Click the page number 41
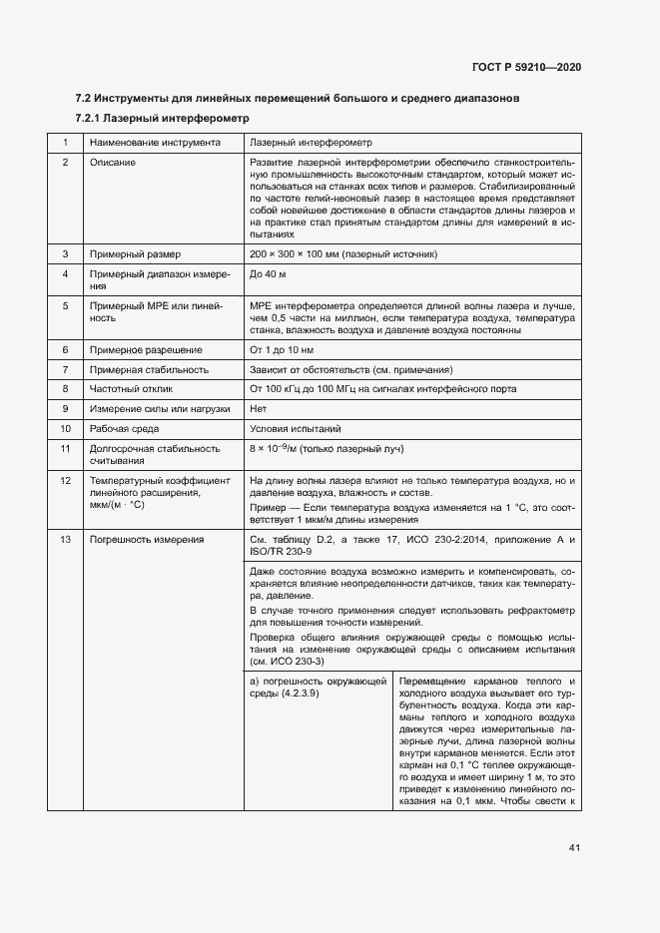point(574,848)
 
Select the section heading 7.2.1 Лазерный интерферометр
point(160,119)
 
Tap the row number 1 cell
point(65,143)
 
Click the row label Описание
point(113,162)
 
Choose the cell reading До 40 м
point(269,273)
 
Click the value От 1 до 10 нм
point(282,350)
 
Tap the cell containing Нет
point(259,408)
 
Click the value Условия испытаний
point(296,428)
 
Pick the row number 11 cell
point(65,448)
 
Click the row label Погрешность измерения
point(147,540)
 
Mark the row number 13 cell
point(65,540)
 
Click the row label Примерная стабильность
point(149,369)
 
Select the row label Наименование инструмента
point(155,143)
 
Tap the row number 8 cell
point(65,388)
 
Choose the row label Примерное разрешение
point(146,350)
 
